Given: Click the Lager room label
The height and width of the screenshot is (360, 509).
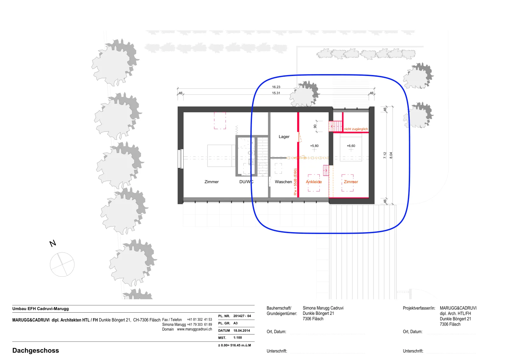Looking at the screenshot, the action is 284,137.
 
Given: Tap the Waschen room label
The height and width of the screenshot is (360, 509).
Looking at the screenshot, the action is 283,182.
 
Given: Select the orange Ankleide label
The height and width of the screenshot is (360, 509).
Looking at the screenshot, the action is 314,182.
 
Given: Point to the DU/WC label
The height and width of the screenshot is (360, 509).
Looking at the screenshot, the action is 246,182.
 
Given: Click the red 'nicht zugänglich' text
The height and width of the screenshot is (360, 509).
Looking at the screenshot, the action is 356,129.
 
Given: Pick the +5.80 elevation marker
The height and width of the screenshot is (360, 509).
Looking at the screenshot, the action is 314,146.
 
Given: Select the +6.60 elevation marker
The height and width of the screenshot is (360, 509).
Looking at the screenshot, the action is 351,146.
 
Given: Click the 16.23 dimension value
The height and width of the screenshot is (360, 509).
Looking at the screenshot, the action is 276,87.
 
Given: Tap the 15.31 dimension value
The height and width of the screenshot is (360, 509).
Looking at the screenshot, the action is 276,93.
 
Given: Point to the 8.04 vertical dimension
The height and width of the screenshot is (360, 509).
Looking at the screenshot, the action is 391,156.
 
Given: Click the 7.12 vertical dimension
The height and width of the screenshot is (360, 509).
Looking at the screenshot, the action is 385,156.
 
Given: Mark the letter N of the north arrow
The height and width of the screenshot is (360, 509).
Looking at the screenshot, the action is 53,244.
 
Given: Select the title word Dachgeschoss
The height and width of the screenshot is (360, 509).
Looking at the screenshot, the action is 36,350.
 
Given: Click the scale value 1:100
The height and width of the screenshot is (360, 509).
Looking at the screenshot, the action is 238,337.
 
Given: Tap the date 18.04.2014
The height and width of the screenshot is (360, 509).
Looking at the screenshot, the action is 241,330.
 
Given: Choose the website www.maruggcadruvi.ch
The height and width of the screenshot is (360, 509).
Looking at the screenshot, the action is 194,329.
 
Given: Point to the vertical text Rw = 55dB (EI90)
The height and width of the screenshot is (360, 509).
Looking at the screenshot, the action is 295,182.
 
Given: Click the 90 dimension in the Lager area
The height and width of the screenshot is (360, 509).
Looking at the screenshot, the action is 315,126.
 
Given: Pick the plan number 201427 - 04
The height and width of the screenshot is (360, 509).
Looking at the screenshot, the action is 242,316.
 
